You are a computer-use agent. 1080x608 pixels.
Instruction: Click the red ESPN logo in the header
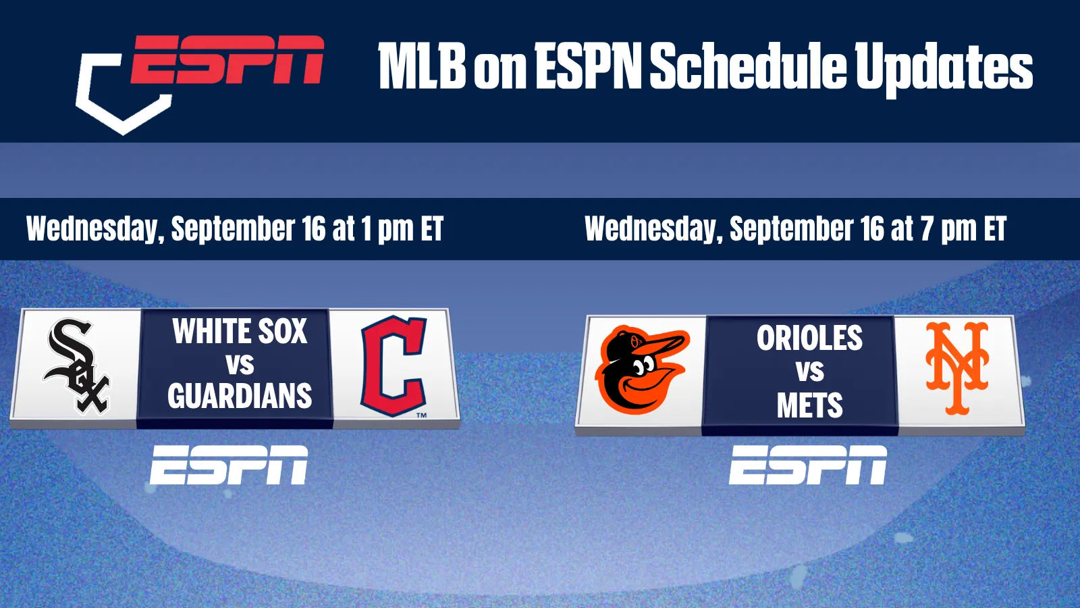(227, 59)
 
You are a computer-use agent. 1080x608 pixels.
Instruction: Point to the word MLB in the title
(423, 66)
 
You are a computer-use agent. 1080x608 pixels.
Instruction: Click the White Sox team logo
(77, 366)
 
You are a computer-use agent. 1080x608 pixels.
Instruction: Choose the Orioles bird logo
(642, 370)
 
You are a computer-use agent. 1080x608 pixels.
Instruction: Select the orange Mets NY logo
(958, 369)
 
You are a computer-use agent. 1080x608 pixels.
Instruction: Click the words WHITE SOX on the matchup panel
(240, 332)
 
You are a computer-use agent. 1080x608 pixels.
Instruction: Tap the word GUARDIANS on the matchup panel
(240, 396)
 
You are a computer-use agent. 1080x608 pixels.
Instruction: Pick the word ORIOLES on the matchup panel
(809, 338)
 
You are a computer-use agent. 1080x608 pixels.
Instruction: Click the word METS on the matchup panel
(809, 405)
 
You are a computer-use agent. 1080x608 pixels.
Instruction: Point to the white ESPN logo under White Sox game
(229, 465)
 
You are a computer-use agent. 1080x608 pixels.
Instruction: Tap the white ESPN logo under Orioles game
(807, 465)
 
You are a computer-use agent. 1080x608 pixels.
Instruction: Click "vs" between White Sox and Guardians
(240, 364)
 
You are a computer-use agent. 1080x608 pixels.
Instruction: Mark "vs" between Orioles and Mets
(810, 371)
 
